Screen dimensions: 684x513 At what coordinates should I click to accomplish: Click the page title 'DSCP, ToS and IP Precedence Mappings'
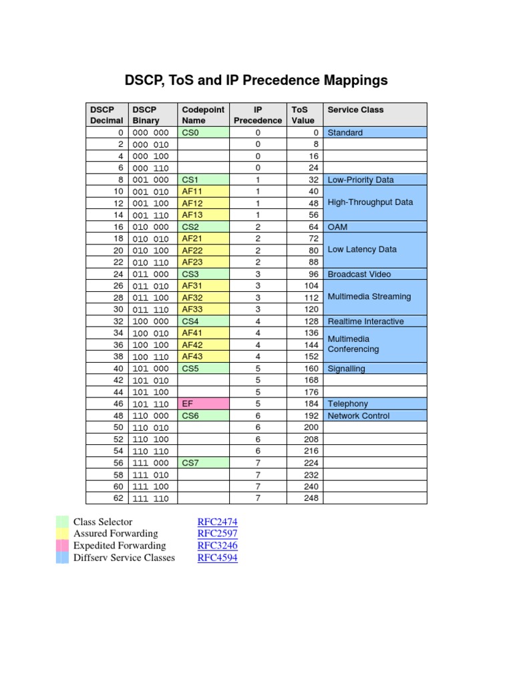[x=256, y=81]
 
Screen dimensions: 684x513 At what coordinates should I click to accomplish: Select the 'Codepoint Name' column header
[x=203, y=115]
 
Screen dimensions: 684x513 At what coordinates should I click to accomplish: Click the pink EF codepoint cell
[x=203, y=404]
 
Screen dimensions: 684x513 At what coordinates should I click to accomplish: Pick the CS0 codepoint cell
[x=203, y=133]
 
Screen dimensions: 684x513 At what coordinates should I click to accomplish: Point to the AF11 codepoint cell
[x=203, y=192]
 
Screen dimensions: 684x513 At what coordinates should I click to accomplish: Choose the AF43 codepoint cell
[x=203, y=357]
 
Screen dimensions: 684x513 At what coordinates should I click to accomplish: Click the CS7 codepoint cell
[x=203, y=463]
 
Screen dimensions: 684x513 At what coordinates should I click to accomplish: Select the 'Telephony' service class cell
[x=375, y=404]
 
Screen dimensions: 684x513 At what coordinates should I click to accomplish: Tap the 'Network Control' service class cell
[x=375, y=416]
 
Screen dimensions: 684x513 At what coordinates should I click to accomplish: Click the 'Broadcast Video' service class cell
[x=375, y=275]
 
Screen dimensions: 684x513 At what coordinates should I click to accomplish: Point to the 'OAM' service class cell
[x=375, y=227]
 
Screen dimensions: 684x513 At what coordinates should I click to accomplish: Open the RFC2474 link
[x=217, y=522]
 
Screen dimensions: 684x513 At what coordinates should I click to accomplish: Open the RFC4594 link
[x=217, y=558]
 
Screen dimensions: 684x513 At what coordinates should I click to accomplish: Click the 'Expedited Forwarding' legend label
[x=120, y=546]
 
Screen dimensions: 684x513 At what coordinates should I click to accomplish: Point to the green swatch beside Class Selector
[x=62, y=522]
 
